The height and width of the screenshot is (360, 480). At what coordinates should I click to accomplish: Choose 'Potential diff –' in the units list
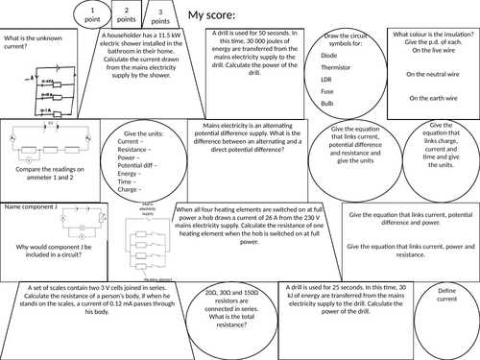[x=138, y=167]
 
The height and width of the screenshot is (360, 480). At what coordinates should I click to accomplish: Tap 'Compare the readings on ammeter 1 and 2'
[x=52, y=176]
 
